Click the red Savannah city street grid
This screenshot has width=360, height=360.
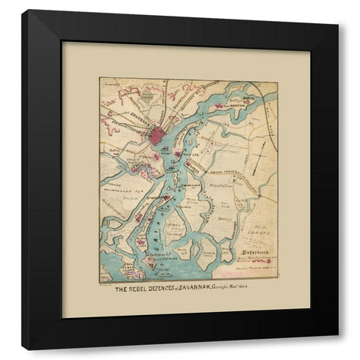tap(159, 136)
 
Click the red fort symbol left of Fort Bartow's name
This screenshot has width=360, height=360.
tap(219, 107)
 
